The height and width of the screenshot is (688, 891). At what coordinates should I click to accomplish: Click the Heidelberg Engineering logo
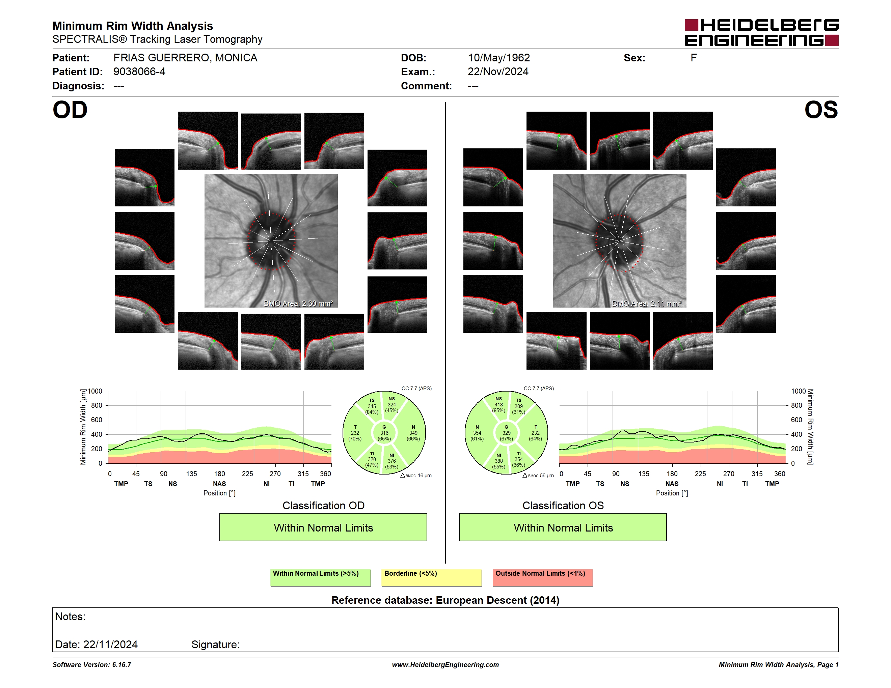click(761, 33)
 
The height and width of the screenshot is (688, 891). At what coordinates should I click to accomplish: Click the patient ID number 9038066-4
click(139, 72)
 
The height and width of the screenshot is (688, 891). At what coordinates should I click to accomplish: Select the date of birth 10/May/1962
click(498, 58)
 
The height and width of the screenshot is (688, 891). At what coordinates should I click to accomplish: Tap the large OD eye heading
click(70, 110)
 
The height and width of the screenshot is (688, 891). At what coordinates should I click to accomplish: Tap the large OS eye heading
click(821, 110)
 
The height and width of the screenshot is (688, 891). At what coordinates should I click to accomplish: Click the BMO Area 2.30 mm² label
click(298, 303)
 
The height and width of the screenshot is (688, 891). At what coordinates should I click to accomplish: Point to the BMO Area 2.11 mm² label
click(647, 303)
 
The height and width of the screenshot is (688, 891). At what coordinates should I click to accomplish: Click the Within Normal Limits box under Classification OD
click(323, 527)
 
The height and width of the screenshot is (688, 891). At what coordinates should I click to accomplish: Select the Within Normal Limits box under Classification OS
click(563, 527)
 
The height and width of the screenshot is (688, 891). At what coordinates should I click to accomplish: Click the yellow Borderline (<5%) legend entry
click(432, 577)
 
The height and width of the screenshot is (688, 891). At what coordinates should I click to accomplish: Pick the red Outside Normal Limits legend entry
click(543, 577)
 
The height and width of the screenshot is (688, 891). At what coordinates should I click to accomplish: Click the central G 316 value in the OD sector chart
click(384, 433)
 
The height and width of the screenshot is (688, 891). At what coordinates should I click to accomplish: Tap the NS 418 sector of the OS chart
click(498, 405)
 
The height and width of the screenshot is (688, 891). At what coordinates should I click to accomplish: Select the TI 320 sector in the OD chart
click(372, 459)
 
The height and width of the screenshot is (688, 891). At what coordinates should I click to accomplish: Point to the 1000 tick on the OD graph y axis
click(94, 391)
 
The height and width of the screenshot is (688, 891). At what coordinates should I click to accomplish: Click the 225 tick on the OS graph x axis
click(700, 474)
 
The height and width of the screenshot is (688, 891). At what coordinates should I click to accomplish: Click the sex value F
click(694, 58)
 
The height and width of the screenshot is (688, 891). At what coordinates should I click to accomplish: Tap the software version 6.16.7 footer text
click(92, 664)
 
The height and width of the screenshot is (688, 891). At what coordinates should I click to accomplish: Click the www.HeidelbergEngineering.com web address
click(446, 664)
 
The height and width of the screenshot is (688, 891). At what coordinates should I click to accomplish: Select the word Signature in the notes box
click(215, 644)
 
